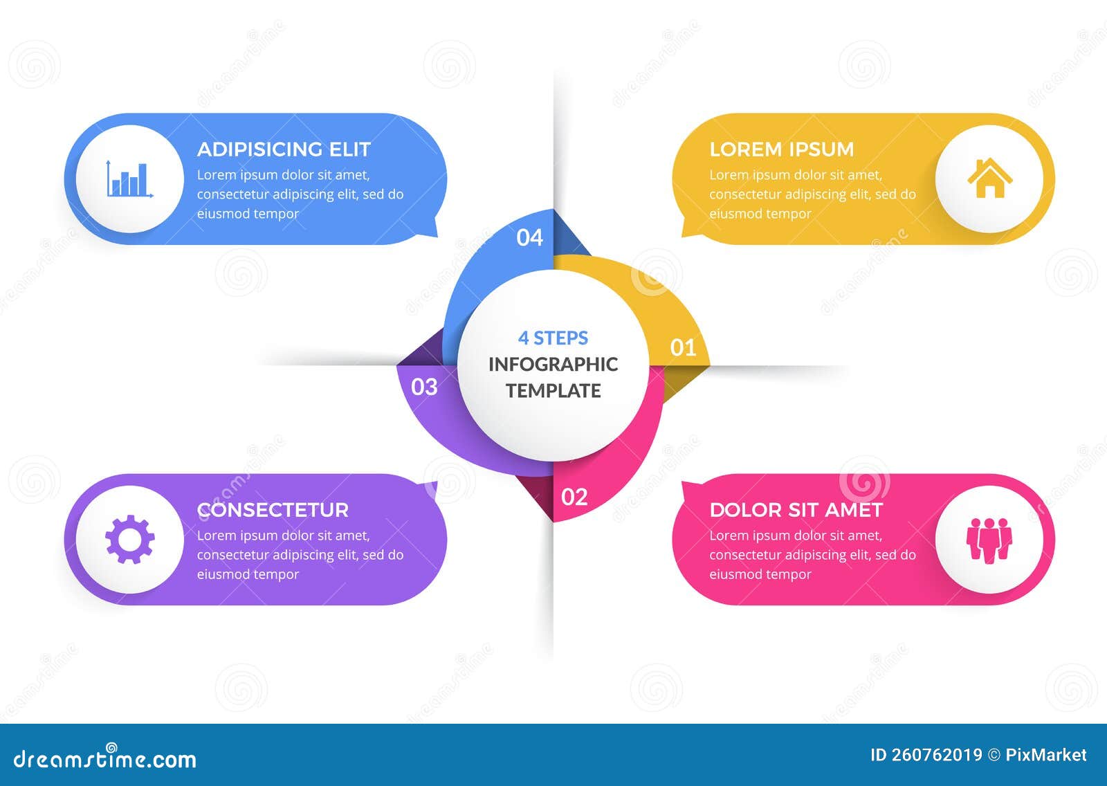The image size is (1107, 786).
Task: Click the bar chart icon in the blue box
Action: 129,179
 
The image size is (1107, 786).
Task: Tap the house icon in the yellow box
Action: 989,179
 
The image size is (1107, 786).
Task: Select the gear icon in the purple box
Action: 129,539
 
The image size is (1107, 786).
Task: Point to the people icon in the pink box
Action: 989,539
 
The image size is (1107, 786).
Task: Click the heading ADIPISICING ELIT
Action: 284,149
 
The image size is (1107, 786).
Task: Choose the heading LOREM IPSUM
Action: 781,149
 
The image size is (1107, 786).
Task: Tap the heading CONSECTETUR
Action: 273,510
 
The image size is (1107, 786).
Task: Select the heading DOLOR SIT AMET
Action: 796,510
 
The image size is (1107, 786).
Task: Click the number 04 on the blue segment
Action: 530,237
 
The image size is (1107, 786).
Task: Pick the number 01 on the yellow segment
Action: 683,347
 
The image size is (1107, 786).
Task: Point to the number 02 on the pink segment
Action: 574,497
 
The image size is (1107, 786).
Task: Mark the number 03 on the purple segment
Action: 424,386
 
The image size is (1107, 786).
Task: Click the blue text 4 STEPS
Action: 553,338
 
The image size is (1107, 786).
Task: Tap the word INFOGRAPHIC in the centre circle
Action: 553,364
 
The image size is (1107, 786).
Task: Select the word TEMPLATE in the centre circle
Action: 553,390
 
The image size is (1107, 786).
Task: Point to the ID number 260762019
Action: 936,755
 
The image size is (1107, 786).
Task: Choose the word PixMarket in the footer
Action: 1045,755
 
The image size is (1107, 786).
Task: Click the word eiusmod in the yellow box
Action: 734,214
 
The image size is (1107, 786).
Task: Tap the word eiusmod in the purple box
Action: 222,574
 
